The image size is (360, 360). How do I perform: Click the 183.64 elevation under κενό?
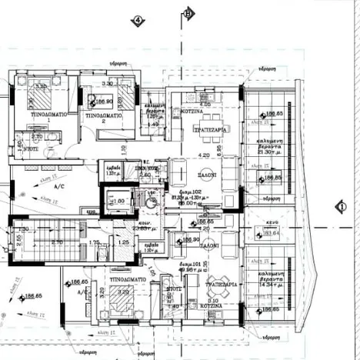tap(270, 234)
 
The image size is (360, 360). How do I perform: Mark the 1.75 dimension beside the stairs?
tap(94, 243)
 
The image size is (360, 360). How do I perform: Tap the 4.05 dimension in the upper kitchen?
tap(205, 104)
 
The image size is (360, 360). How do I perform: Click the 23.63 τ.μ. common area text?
tap(140, 227)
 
